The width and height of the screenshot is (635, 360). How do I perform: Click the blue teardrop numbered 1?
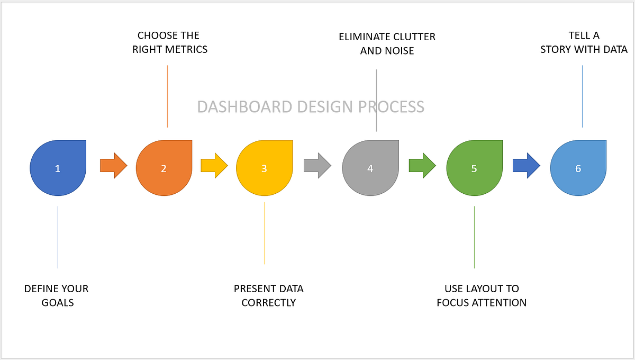coord(58,168)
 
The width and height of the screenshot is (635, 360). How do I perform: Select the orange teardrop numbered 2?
coord(164,168)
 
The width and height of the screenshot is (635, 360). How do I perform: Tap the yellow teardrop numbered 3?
coord(265,168)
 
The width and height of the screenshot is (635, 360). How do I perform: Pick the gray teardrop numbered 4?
coord(370,168)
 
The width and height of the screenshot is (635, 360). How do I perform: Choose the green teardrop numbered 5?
coord(475,168)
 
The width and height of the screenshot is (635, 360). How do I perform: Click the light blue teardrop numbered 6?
coord(578,168)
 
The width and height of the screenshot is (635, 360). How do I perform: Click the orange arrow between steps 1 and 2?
coord(114,166)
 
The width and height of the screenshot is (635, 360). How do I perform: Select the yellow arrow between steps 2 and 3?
coord(214,166)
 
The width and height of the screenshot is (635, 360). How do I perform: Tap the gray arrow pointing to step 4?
coord(317,166)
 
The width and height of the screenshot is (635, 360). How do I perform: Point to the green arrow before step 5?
coord(422,166)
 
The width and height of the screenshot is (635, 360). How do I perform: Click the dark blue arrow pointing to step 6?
coord(527,166)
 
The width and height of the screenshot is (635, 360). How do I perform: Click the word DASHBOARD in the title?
coord(244,106)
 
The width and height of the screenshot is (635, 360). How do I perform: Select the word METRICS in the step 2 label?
coord(186,49)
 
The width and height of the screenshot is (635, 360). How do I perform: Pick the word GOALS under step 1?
coord(58,303)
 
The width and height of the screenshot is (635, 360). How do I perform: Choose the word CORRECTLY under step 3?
coord(269,303)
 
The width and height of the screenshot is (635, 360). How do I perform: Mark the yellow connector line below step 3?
coord(265,233)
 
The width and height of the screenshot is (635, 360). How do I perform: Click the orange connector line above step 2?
coord(168,96)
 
